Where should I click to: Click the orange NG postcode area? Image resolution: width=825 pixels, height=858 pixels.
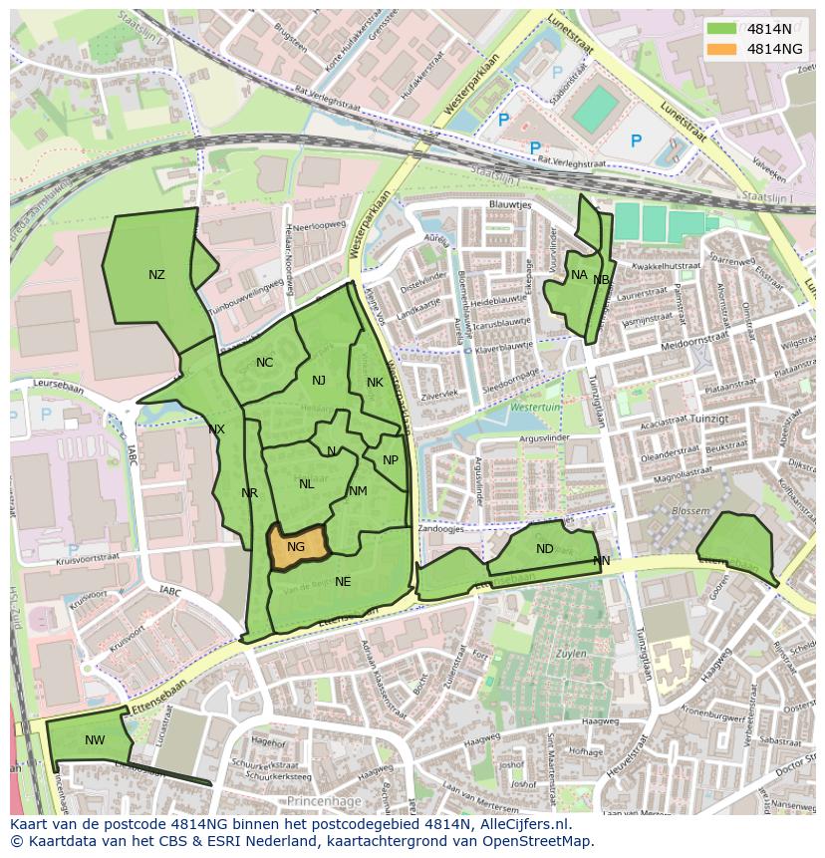pyautogui.click(x=296, y=547)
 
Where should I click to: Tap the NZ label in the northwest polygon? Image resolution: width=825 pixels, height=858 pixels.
pyautogui.click(x=156, y=275)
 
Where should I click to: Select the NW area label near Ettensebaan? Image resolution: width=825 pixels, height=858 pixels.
pyautogui.click(x=95, y=739)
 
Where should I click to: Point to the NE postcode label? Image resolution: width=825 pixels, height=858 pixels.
pyautogui.click(x=343, y=582)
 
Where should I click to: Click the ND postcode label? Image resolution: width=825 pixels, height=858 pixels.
pyautogui.click(x=544, y=549)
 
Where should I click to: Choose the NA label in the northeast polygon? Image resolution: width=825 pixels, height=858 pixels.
pyautogui.click(x=579, y=275)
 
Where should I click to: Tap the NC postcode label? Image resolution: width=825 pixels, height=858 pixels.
pyautogui.click(x=264, y=363)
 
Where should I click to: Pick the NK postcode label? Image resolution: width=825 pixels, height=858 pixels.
pyautogui.click(x=375, y=383)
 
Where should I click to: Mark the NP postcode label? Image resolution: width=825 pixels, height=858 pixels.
pyautogui.click(x=390, y=460)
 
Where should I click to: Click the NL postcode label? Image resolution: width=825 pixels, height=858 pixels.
pyautogui.click(x=306, y=484)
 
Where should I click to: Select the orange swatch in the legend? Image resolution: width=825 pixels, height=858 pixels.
pyautogui.click(x=720, y=49)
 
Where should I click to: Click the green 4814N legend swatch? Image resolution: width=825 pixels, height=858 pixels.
pyautogui.click(x=720, y=28)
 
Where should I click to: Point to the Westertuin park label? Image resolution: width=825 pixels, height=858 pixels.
pyautogui.click(x=536, y=409)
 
